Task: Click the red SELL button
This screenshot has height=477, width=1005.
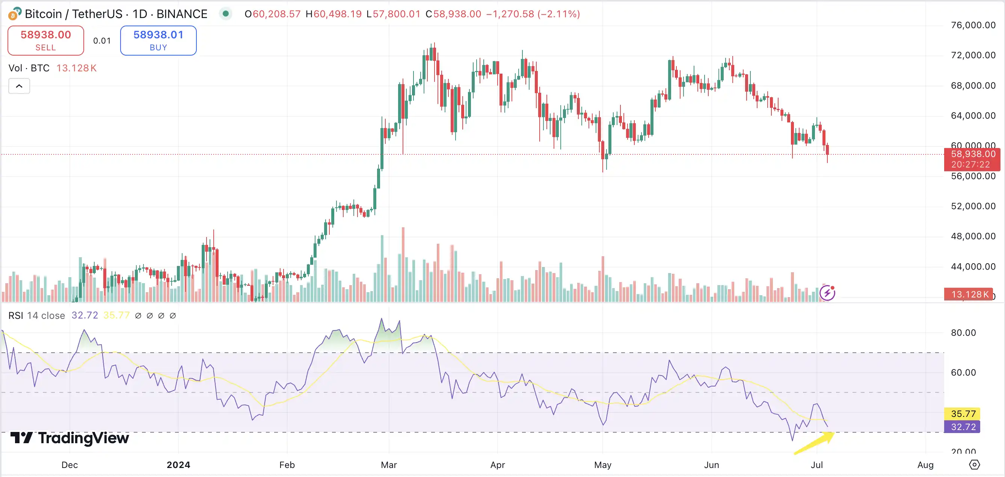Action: [x=46, y=40]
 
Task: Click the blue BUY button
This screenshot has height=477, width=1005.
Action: [x=158, y=40]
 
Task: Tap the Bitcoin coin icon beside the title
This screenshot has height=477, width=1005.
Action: [x=14, y=14]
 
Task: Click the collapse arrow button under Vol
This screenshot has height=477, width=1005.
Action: [x=19, y=86]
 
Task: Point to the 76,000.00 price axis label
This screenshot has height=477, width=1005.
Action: [x=973, y=25]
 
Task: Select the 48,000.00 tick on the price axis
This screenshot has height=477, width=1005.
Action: [x=973, y=236]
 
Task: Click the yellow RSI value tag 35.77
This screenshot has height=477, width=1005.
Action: [x=963, y=414]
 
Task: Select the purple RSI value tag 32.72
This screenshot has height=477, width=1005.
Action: [x=963, y=427]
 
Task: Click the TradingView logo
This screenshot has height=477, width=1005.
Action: [x=69, y=438]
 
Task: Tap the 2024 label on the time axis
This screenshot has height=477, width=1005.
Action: [x=178, y=465]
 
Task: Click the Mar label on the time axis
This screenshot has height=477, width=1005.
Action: [x=389, y=465]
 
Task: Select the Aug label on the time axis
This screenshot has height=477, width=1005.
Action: [x=925, y=465]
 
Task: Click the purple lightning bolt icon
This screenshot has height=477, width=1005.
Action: [x=827, y=293]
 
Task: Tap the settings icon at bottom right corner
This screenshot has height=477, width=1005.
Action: [x=974, y=465]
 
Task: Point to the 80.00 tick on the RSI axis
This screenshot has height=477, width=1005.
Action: [x=963, y=333]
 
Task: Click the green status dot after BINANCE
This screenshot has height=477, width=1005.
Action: [x=225, y=14]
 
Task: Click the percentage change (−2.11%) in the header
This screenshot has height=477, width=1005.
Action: [x=558, y=14]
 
